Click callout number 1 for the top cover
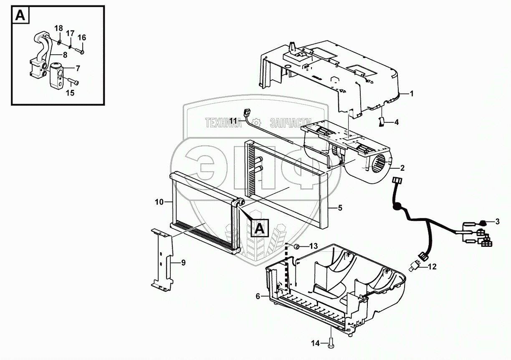click(x=411, y=94)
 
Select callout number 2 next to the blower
click(x=402, y=168)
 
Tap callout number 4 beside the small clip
click(x=397, y=122)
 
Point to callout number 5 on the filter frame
click(x=340, y=207)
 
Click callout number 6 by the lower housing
click(x=258, y=296)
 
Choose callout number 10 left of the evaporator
click(x=159, y=202)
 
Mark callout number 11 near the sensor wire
click(x=233, y=121)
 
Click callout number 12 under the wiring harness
click(x=433, y=266)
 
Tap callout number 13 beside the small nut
click(x=313, y=245)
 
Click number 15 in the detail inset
click(x=70, y=93)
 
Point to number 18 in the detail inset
click(x=59, y=28)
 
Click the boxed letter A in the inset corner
click(x=20, y=16)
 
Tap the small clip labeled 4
click(x=381, y=122)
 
